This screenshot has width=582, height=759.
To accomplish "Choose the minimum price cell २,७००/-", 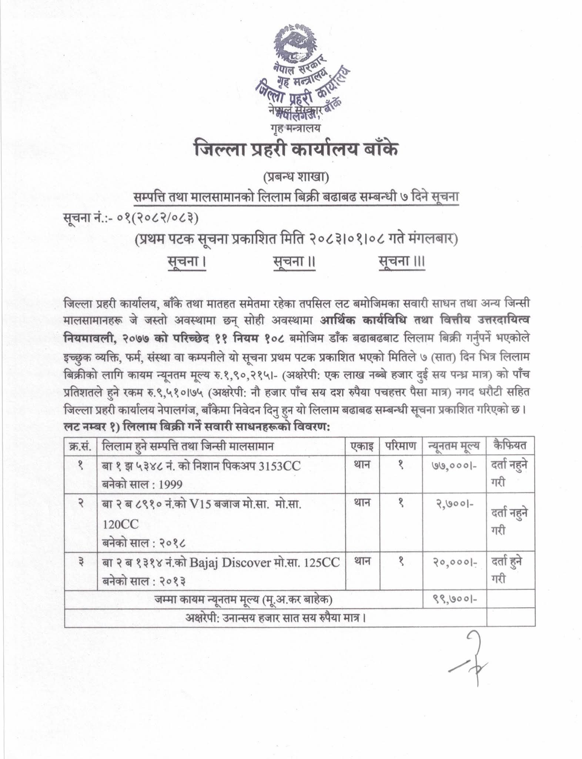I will click(454, 504).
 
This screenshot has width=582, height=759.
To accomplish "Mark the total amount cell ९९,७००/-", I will click(454, 597).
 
